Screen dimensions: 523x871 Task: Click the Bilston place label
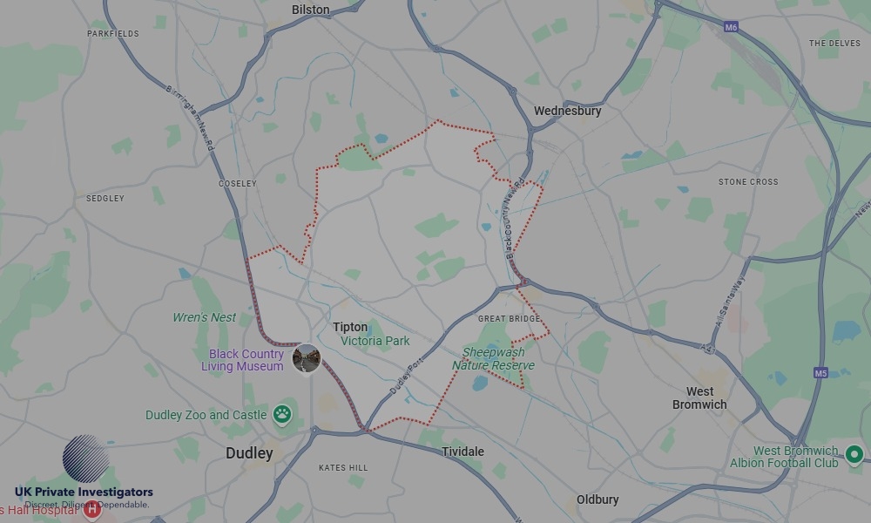(311, 10)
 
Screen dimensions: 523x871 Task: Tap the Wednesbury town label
(567, 111)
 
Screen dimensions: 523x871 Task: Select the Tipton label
(350, 327)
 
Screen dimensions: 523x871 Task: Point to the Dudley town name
(249, 453)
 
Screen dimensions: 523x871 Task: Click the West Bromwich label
(699, 397)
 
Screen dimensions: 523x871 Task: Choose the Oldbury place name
(598, 499)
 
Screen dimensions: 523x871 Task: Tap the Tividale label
(463, 452)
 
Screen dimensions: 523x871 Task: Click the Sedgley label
(105, 199)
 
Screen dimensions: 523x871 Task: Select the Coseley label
(238, 184)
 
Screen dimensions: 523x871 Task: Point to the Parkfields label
(113, 34)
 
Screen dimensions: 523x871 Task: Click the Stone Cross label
(748, 182)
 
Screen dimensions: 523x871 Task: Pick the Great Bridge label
(510, 319)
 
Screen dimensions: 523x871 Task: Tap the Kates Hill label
(343, 468)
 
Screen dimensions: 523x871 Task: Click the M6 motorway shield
(732, 28)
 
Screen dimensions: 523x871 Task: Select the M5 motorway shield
(820, 373)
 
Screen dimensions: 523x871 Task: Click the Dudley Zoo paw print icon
(282, 414)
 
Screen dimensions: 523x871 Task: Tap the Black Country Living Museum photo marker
(307, 358)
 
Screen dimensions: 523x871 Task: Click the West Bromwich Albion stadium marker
(854, 453)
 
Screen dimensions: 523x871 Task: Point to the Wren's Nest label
(204, 317)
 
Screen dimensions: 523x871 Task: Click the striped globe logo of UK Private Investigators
(85, 458)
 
